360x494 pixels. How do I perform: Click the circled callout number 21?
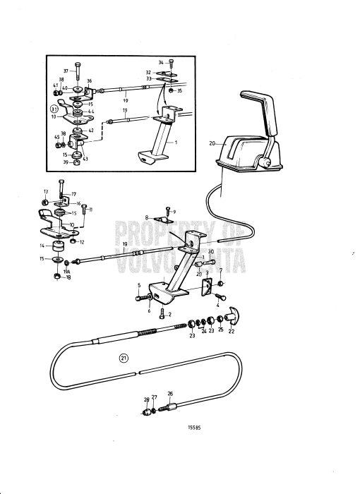(x=124, y=358)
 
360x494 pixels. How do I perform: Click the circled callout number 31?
(x=54, y=109)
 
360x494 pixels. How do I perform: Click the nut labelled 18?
(x=56, y=277)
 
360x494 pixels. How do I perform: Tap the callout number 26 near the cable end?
(x=169, y=394)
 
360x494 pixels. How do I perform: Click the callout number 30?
(x=210, y=252)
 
